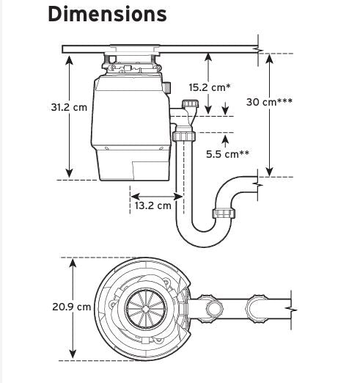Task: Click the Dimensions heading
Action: tap(108, 14)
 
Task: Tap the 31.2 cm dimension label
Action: tap(69, 107)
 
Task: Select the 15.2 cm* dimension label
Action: tap(210, 87)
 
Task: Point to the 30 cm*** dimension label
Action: tap(269, 102)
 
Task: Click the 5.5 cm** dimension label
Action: tap(228, 154)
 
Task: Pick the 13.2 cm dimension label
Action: tap(153, 205)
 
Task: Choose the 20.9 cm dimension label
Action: tap(72, 307)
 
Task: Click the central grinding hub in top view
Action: tap(146, 309)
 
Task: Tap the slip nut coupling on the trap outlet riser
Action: tap(224, 213)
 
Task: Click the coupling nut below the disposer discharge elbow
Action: tap(184, 136)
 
